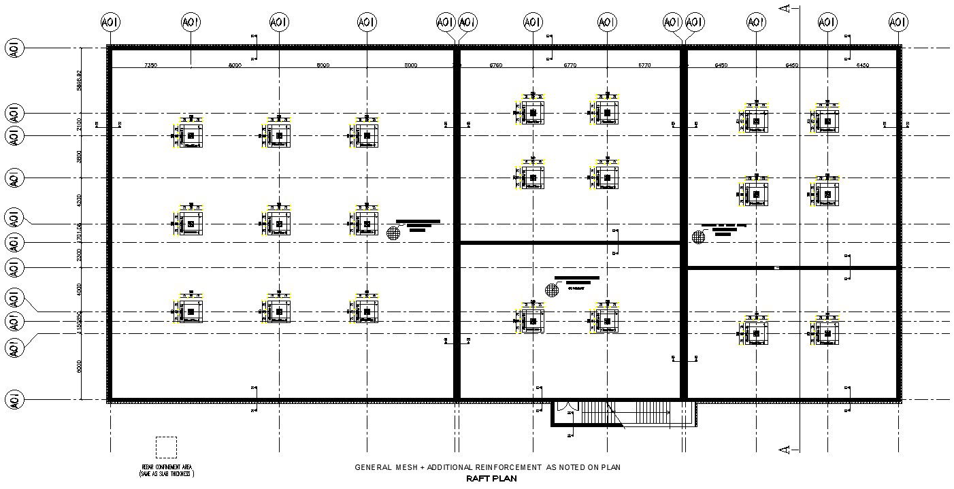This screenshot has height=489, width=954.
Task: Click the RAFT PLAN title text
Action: (491, 478)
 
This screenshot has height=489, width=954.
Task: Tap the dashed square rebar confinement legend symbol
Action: (166, 447)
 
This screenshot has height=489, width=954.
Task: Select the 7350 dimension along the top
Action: (151, 65)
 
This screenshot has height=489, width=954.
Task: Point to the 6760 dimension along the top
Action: (495, 65)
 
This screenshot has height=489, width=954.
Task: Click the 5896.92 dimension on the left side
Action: (79, 80)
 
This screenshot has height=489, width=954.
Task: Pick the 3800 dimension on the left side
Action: (79, 156)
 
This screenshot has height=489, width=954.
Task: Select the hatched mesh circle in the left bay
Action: (393, 233)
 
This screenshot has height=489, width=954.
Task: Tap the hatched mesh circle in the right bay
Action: (698, 237)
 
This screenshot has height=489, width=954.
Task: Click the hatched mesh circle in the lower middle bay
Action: (552, 290)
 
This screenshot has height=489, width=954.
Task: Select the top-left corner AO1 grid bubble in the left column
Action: (14, 48)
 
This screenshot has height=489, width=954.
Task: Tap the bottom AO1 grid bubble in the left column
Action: (14, 399)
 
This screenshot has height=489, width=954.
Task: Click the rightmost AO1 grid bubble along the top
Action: (898, 22)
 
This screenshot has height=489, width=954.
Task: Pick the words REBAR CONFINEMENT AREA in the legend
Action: (167, 467)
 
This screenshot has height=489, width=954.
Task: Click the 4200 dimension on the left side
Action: (79, 200)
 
